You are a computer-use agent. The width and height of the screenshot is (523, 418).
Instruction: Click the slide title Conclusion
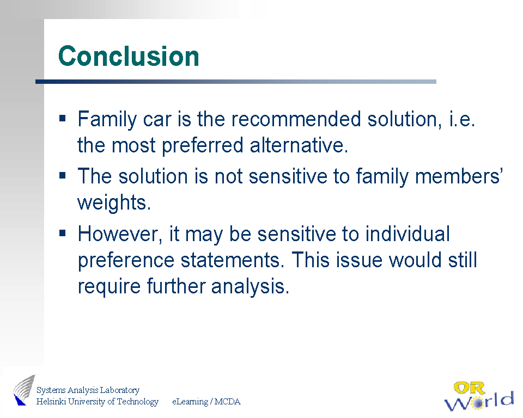tap(129, 56)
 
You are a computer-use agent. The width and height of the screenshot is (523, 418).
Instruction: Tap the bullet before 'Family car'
tap(62, 118)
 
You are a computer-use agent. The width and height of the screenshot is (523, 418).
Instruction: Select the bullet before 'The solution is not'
tap(62, 175)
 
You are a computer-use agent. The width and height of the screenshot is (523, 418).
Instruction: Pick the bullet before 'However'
tap(62, 232)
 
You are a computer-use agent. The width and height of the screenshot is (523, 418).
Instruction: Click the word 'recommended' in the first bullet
tap(296, 119)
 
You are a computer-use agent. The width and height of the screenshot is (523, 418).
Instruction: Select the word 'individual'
tap(408, 233)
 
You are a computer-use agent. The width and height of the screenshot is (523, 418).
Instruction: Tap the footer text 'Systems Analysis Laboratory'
tap(88, 390)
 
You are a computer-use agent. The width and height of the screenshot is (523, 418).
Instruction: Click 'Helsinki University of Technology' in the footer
tap(97, 402)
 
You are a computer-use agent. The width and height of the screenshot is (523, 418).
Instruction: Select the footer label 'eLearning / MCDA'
tap(206, 402)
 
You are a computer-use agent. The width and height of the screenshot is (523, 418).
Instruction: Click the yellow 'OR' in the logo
tap(469, 388)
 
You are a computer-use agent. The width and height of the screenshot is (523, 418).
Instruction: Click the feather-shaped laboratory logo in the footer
tap(24, 390)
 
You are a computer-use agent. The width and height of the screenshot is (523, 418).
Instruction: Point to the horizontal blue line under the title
tap(236, 82)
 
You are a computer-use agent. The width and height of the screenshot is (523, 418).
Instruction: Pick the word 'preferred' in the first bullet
tap(203, 146)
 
